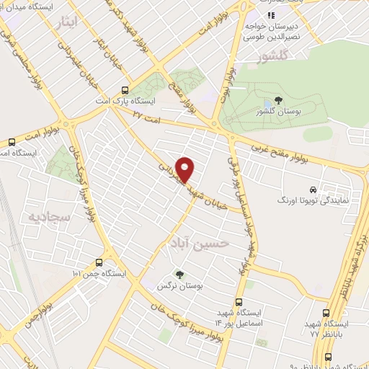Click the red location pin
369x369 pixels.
[185, 169]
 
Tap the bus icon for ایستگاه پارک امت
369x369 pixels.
[125, 91]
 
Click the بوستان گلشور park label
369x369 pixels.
[279, 113]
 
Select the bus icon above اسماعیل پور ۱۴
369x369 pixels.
[240, 303]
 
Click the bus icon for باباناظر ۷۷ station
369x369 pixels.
[326, 314]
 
